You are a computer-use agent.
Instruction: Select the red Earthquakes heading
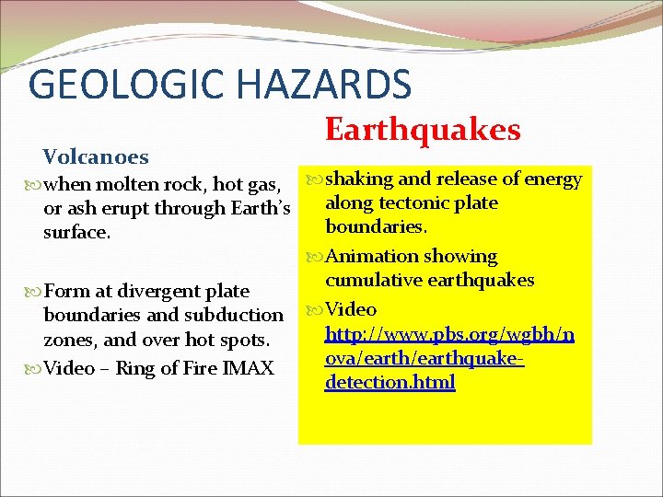(x=423, y=130)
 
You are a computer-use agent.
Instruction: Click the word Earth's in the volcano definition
(x=261, y=209)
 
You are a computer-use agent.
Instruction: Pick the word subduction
(x=238, y=316)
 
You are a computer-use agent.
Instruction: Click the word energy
(x=552, y=179)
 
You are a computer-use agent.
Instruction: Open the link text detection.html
(x=390, y=382)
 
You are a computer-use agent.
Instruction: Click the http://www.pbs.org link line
(x=449, y=335)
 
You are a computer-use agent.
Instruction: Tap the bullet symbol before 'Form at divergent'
(x=35, y=292)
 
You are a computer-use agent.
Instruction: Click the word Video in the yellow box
(x=351, y=309)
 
